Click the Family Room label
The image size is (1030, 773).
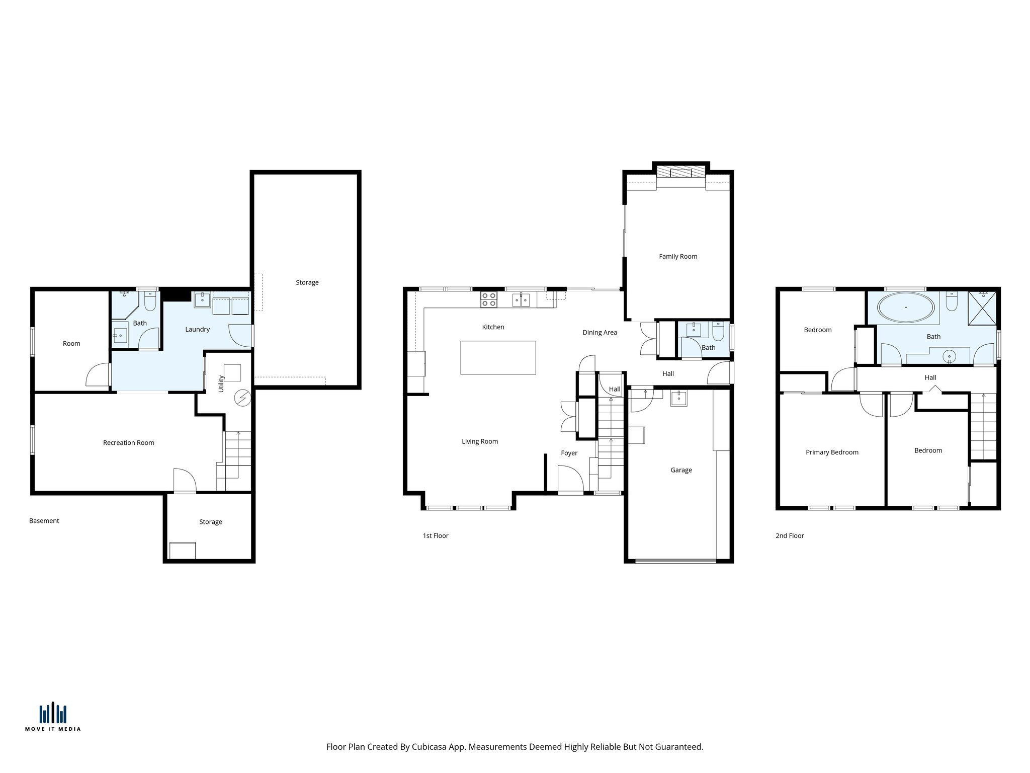tap(678, 257)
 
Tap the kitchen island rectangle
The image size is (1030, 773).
tap(498, 358)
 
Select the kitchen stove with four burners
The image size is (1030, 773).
tap(489, 300)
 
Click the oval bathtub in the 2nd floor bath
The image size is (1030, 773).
tap(906, 307)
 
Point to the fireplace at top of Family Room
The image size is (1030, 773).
tap(681, 173)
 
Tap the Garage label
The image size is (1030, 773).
tap(681, 470)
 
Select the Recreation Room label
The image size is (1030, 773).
tap(128, 443)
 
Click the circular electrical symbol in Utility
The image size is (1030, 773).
tap(242, 398)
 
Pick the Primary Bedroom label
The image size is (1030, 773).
tap(832, 452)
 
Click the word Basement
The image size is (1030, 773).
tap(44, 521)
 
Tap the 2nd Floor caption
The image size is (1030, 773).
tap(789, 536)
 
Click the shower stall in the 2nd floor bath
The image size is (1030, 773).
tap(982, 307)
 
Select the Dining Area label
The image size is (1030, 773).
tap(599, 333)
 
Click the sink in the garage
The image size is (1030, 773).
tap(679, 399)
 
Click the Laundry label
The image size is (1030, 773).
tap(197, 330)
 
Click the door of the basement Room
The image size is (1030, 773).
tap(99, 374)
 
